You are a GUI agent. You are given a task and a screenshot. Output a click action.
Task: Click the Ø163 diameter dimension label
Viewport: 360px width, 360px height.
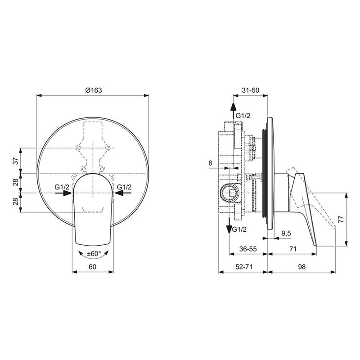94,90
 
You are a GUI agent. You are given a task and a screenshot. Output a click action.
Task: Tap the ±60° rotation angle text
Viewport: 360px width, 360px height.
94,254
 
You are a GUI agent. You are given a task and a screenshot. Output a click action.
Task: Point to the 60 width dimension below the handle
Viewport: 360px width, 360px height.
93,266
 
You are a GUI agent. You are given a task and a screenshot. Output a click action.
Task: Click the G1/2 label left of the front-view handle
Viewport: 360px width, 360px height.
62,187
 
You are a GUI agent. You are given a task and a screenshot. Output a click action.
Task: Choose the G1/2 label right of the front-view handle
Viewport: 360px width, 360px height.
124,187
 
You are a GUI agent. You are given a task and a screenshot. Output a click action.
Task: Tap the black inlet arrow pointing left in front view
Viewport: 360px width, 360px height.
120,193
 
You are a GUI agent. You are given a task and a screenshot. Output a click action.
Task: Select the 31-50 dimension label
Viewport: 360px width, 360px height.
250,90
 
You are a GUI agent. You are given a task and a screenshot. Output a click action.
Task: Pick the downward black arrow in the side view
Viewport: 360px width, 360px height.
229,222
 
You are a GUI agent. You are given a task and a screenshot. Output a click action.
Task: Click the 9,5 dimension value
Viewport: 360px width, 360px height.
285,233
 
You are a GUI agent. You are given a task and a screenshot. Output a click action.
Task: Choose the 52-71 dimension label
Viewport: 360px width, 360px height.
243,266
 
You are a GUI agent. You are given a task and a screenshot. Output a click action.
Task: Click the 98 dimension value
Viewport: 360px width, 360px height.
302,266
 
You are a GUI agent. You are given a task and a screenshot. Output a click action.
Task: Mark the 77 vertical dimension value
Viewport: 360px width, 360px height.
341,220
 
